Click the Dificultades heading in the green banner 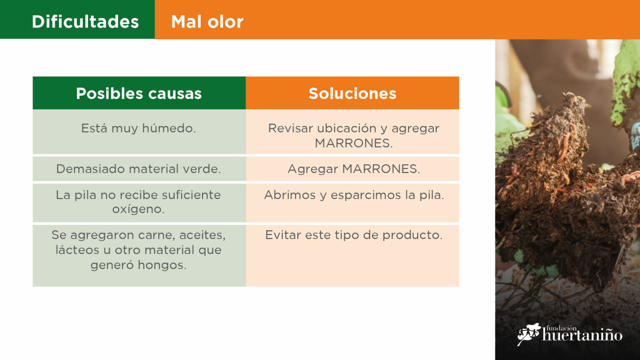85,22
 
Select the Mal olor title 207,22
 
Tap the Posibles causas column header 139,93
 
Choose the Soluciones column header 352,93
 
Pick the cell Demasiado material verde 139,169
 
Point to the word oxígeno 138,210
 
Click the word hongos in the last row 162,265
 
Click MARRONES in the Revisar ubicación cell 354,143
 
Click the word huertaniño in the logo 582,335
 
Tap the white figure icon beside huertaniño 529,334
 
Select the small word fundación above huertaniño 561,328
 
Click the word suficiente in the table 191,195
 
